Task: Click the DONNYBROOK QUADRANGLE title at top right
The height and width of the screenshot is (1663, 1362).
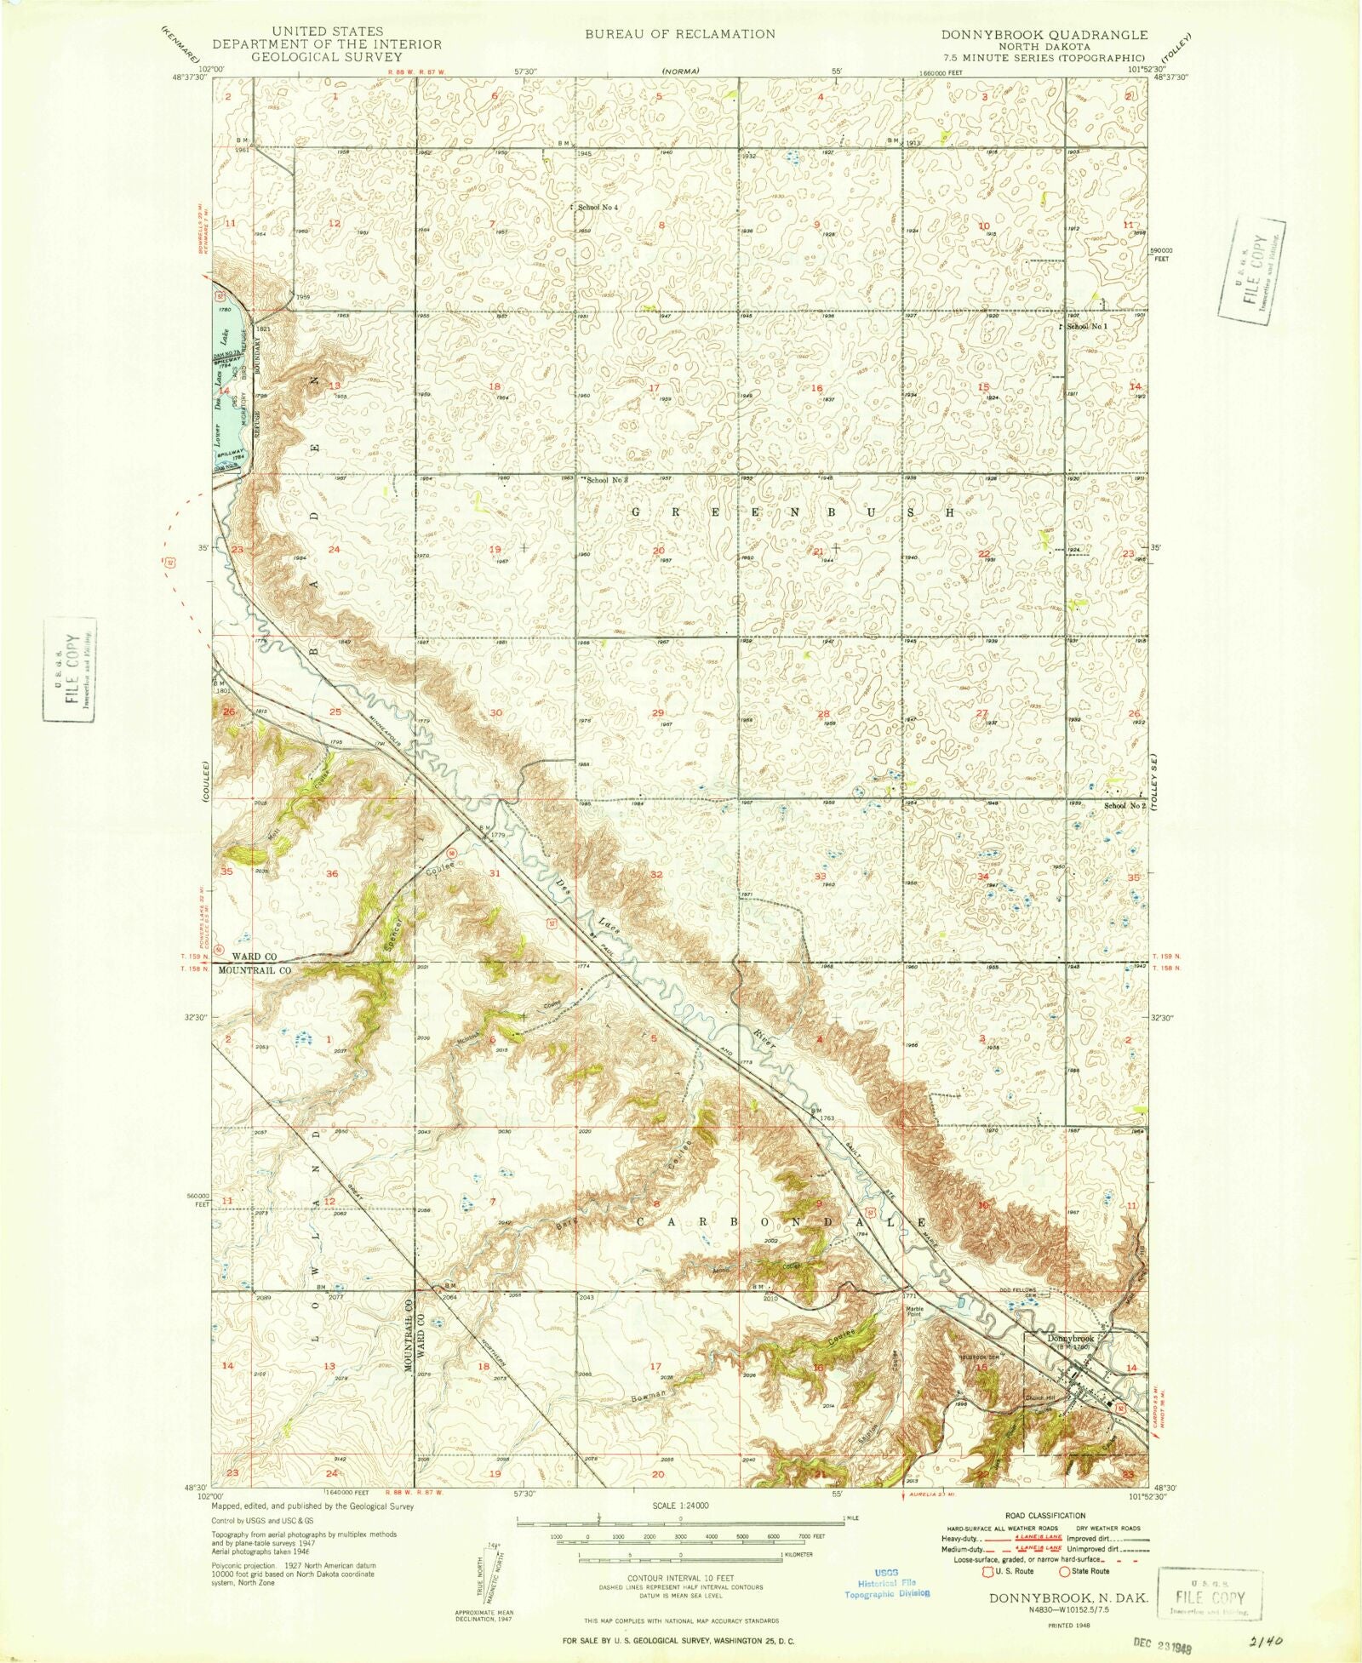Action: pos(1044,35)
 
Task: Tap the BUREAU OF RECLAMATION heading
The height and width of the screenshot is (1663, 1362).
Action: pos(679,34)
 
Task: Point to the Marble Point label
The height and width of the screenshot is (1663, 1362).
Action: pos(914,1312)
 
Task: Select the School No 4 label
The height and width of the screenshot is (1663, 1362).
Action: pos(598,208)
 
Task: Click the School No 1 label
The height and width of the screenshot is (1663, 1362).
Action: pos(1088,327)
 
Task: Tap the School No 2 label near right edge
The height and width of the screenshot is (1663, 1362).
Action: pos(1124,805)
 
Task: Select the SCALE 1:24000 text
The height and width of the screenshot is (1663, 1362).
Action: pos(680,1506)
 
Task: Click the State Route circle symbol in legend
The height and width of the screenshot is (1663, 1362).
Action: pos(1064,1571)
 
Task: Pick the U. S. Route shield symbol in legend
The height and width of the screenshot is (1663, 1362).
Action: pos(990,1571)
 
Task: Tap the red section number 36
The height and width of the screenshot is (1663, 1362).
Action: pos(332,874)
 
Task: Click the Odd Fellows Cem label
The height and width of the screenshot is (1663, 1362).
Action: pos(1019,1291)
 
